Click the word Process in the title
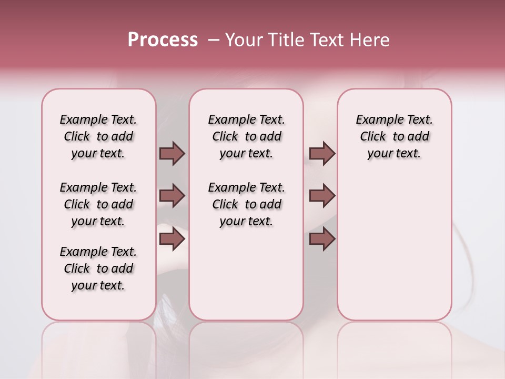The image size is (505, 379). tap(163, 40)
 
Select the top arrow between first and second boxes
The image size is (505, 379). tap(172, 153)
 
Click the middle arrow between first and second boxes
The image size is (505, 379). tap(172, 196)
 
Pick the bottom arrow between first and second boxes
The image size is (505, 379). tap(172, 238)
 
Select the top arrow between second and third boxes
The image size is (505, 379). tap(322, 153)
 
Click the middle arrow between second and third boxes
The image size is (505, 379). tap(322, 196)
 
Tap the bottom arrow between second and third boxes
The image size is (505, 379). tap(322, 238)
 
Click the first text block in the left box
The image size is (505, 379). tap(98, 136)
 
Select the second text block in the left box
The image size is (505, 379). tap(98, 204)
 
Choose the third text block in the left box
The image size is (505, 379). tap(98, 268)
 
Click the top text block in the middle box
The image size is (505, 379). tap(246, 136)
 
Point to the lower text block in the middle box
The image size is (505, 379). tap(246, 204)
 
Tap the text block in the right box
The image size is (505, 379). tap(394, 136)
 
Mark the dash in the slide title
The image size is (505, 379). tap(214, 40)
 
